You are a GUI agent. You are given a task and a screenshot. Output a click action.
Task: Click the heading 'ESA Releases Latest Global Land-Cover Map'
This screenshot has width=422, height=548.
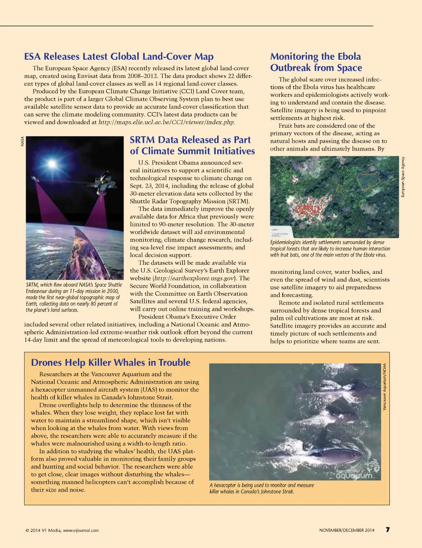tap(119, 56)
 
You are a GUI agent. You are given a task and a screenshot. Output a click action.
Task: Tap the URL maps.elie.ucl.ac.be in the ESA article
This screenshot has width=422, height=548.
tap(166, 122)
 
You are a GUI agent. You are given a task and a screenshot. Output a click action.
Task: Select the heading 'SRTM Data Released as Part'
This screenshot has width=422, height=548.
tap(190, 140)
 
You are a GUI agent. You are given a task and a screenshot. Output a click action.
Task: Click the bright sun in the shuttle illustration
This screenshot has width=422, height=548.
tap(52, 164)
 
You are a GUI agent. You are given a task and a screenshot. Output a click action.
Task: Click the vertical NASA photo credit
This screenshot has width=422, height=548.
tap(22, 141)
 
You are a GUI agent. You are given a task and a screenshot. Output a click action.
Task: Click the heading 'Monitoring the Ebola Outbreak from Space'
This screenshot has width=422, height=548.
tap(316, 62)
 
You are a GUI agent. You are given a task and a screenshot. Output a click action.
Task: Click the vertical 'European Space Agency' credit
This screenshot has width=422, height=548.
tap(403, 177)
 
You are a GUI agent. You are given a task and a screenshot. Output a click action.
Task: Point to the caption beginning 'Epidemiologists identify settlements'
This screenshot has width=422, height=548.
tap(330, 249)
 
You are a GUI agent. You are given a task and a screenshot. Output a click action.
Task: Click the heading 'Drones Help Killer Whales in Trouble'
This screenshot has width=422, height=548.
tap(110, 362)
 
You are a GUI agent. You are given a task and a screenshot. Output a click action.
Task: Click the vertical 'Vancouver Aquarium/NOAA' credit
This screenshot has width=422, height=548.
tap(384, 387)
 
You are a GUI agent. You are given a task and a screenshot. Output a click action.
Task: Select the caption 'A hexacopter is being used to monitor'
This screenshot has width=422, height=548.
tap(261, 488)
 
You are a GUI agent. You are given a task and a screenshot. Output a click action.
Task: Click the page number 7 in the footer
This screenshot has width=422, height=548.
tap(387, 529)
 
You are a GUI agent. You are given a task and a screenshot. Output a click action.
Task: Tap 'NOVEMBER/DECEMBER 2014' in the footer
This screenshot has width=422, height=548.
tap(347, 530)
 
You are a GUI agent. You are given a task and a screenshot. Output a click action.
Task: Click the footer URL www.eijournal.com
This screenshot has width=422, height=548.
tap(81, 530)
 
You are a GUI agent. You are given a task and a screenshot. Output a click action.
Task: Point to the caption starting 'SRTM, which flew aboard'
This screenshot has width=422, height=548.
tap(74, 297)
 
